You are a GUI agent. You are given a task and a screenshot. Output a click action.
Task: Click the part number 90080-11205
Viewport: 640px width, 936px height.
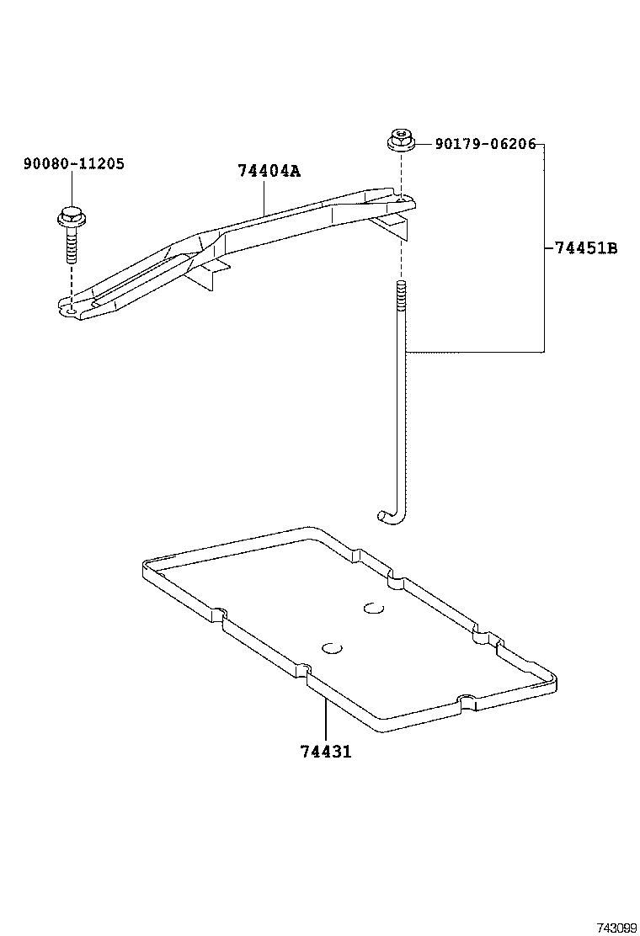point(73,163)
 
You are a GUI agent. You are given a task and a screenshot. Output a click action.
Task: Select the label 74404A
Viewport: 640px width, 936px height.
point(268,171)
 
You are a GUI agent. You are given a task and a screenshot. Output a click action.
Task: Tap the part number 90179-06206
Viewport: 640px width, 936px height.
point(485,144)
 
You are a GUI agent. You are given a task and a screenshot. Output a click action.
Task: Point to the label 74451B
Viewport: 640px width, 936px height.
point(586,248)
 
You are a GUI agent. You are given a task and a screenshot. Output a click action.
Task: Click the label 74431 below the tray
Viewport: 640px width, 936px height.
point(325,752)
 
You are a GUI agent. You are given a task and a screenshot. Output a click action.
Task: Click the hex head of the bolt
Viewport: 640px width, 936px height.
point(71,217)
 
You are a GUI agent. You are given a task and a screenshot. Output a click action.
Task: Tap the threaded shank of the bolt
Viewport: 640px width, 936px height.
point(71,246)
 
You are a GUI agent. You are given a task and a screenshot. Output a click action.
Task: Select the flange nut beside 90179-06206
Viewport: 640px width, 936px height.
point(401,141)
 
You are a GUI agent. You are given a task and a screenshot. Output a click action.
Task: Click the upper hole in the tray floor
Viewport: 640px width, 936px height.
point(373,608)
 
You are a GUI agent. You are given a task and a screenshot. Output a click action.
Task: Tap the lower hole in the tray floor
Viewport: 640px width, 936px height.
point(332,648)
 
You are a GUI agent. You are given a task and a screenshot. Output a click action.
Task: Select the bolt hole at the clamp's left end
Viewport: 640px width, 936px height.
point(72,311)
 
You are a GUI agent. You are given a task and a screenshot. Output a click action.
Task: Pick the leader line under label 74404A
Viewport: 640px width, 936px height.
point(265,198)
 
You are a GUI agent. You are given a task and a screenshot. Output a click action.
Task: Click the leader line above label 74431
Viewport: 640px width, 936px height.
point(325,715)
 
